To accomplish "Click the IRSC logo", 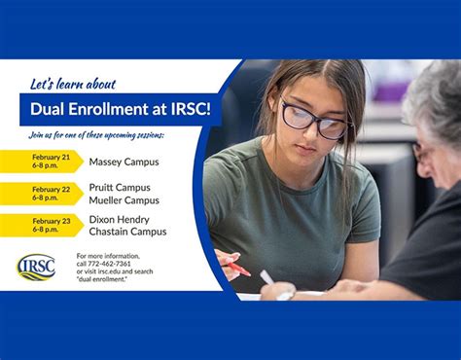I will pyautogui.click(x=36, y=267).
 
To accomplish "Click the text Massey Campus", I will pyautogui.click(x=124, y=162).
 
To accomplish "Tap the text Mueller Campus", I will pyautogui.click(x=124, y=199).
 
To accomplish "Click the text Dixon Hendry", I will pyautogui.click(x=120, y=219).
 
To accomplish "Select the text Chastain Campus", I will pyautogui.click(x=127, y=232).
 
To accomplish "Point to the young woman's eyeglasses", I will pyautogui.click(x=314, y=120).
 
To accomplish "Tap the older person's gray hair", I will pyautogui.click(x=434, y=97).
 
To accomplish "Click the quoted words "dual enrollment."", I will pyautogui.click(x=108, y=280).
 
